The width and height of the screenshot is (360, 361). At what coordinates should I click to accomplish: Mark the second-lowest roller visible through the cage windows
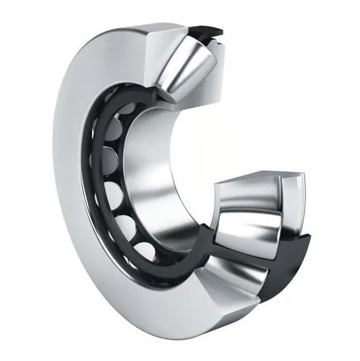coord(126,227)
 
